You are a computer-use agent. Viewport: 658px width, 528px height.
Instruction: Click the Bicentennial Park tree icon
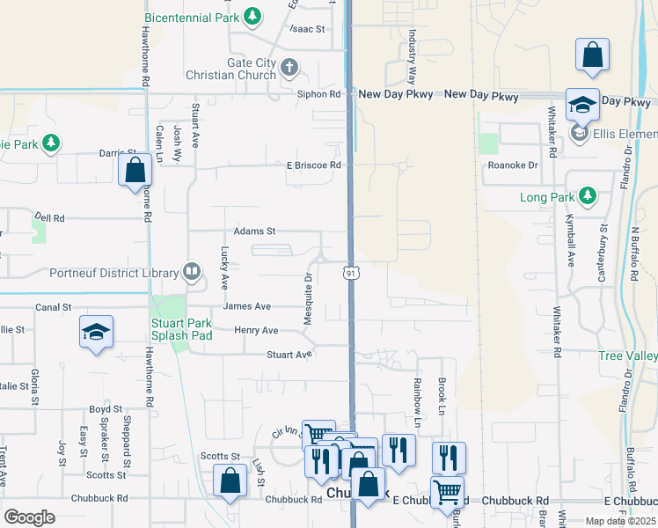pos(252,16)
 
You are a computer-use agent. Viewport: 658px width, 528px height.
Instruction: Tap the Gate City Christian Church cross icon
pos(289,67)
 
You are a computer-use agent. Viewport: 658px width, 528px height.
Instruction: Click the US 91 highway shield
pos(350,275)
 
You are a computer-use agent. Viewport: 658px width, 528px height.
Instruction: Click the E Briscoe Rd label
pos(313,165)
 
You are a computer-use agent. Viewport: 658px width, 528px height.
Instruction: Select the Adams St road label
pos(254,231)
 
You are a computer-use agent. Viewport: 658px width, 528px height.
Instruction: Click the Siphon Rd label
pos(318,94)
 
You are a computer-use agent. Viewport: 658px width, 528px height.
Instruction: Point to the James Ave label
pos(247,306)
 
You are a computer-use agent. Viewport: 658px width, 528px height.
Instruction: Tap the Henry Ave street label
pos(256,330)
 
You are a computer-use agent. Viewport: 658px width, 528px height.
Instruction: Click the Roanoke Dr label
pos(512,165)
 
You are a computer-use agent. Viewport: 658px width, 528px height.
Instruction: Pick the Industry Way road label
pos(411,54)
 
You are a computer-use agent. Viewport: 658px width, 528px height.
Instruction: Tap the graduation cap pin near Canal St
pos(96,332)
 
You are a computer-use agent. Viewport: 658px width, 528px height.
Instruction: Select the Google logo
pos(30,517)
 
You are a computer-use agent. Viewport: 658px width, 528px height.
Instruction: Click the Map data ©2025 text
pos(620,521)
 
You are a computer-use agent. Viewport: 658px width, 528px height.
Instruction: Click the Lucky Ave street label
pos(224,268)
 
